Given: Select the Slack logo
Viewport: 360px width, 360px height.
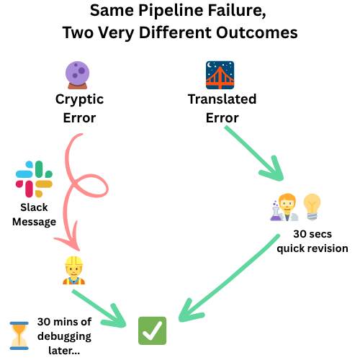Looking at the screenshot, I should coord(34,179).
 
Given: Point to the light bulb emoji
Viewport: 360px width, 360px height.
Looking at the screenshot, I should coord(311,207).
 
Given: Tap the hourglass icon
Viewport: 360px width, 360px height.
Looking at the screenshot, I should coord(18,335).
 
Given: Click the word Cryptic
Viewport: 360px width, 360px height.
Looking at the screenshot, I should coord(79,99).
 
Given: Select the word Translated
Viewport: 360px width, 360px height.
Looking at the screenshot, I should coord(222,99).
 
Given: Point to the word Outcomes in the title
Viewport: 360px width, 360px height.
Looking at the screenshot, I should coord(260,33).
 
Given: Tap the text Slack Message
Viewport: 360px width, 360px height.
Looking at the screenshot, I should coord(34,215).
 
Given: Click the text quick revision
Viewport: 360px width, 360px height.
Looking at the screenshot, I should coord(312,248).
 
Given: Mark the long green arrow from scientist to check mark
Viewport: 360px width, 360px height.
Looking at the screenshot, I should coord(230,281).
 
